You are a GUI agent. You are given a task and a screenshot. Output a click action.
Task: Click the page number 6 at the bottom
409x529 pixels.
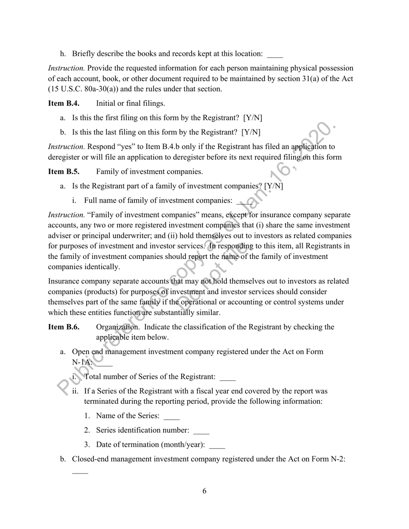click(204, 491)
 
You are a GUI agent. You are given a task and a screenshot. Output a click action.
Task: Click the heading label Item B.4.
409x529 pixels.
click(64, 103)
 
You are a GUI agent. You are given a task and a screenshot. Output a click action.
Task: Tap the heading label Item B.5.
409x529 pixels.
click(64, 172)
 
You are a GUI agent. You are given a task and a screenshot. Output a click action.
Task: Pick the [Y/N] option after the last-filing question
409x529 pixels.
click(251, 132)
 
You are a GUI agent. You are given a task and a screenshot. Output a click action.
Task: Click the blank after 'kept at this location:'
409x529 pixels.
click(275, 55)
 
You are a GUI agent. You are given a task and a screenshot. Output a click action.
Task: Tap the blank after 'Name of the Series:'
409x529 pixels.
click(172, 417)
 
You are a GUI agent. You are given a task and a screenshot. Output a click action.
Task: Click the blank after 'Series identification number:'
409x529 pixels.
click(201, 431)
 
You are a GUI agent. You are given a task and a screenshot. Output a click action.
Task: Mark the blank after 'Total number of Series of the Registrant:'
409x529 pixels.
click(228, 378)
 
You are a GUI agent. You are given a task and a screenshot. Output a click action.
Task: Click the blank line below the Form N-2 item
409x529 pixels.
click(80, 472)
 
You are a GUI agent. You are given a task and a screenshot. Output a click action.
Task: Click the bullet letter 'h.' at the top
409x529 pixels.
click(63, 54)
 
